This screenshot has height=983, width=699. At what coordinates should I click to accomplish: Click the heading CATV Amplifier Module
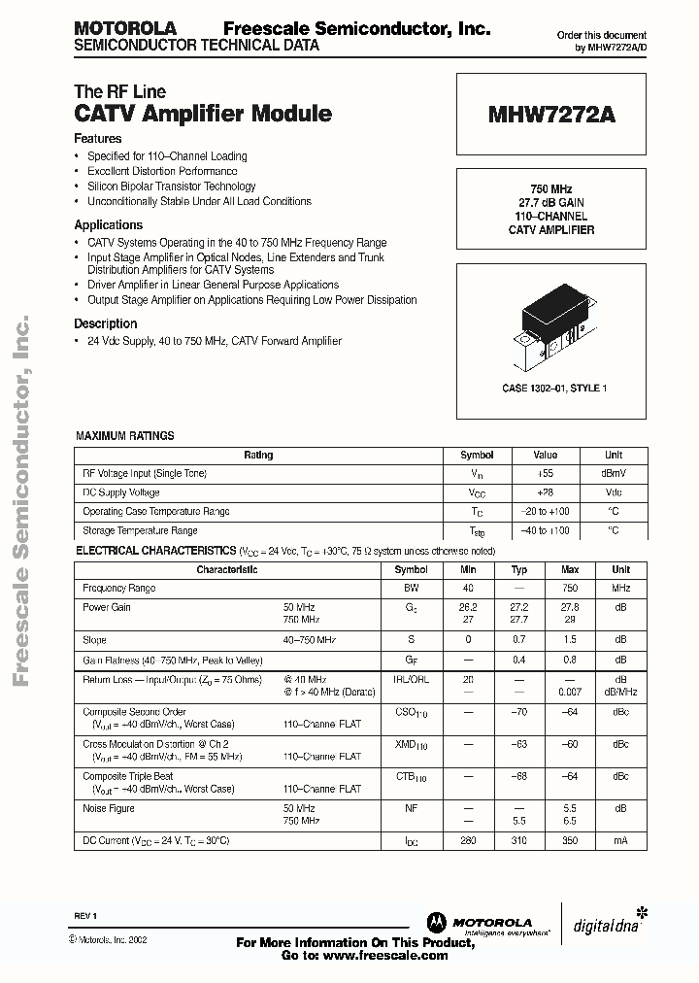click(x=203, y=114)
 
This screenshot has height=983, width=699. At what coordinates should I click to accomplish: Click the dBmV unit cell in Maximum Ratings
click(x=613, y=474)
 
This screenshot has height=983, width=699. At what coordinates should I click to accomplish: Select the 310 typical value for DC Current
click(x=519, y=839)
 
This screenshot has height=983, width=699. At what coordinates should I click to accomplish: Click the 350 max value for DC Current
click(x=570, y=839)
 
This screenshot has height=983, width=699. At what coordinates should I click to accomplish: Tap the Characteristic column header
click(x=227, y=570)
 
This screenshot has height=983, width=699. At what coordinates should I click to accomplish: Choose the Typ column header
click(x=519, y=570)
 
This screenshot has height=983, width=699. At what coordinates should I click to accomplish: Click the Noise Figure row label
click(x=109, y=808)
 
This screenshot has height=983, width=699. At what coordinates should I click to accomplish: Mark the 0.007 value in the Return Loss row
click(x=570, y=691)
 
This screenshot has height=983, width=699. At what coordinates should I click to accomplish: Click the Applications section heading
click(x=109, y=225)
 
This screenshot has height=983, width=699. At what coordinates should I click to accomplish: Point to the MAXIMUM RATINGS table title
click(x=125, y=436)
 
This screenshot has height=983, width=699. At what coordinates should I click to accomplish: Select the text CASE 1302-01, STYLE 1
click(x=554, y=389)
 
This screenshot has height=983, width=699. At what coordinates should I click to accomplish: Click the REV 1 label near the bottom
click(x=86, y=917)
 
